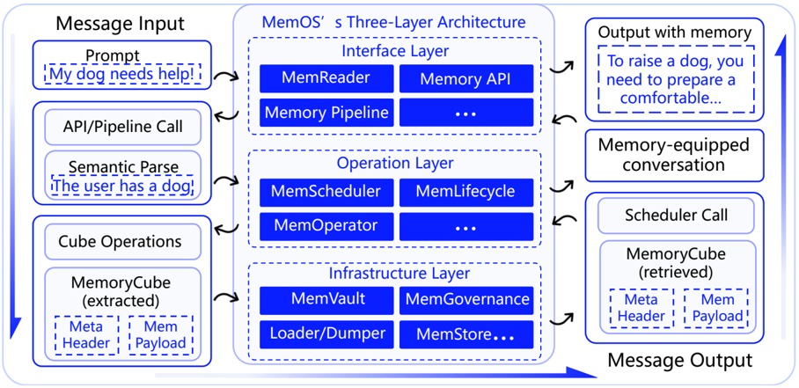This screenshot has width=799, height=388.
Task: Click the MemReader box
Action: (326, 78)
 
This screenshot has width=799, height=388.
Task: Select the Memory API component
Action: (466, 78)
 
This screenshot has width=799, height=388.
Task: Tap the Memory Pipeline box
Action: (326, 112)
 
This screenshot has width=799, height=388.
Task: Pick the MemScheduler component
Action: (326, 192)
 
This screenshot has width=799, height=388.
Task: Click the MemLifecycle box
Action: (466, 192)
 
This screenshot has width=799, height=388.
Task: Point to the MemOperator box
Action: (326, 226)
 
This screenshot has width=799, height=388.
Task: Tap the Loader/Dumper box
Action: (326, 334)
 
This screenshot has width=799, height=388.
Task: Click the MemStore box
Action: (466, 334)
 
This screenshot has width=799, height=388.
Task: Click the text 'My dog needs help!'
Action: (121, 75)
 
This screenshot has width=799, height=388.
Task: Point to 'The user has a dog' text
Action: (121, 186)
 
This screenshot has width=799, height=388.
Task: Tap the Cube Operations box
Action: (121, 241)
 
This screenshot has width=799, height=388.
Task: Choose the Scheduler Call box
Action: (676, 216)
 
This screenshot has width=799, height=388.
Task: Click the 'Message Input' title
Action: (120, 24)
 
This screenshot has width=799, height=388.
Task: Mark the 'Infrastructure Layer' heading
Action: (399, 274)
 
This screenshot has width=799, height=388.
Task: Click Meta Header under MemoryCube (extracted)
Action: (86, 334)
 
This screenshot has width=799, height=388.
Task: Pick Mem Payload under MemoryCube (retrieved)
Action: (716, 308)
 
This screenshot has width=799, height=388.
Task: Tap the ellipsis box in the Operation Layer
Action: (466, 226)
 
